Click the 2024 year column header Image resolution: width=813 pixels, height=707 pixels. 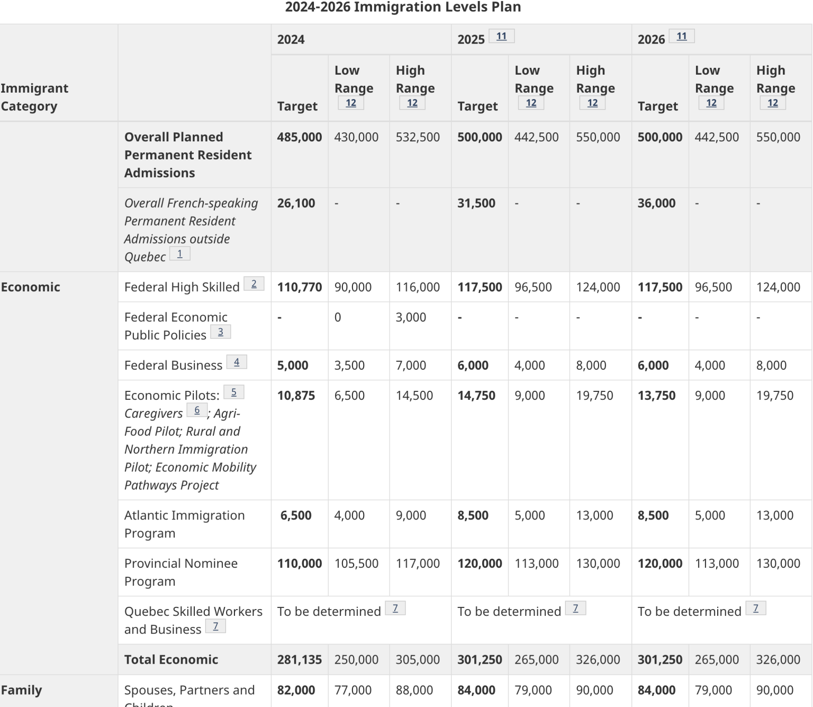click(291, 40)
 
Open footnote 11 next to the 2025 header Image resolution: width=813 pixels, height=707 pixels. click(501, 36)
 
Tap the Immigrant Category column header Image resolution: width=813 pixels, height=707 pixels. click(34, 97)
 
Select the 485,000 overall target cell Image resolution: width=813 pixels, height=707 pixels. click(299, 137)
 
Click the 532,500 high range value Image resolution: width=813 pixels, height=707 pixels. click(418, 137)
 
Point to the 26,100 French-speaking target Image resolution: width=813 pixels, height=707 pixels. click(296, 203)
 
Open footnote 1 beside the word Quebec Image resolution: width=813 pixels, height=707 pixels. click(180, 254)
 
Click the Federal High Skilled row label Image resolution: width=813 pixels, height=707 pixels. click(182, 287)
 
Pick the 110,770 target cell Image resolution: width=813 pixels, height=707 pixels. click(299, 287)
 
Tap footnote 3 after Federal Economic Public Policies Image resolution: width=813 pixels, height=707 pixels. click(221, 332)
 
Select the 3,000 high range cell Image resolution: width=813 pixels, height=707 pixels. click(411, 317)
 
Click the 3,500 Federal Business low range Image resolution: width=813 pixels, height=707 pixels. click(349, 365)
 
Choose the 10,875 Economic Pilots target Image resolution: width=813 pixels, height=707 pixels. click(296, 396)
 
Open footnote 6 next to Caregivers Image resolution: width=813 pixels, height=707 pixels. click(197, 410)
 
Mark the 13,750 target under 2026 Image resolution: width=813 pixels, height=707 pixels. click(656, 396)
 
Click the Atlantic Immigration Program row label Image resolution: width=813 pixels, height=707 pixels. click(184, 524)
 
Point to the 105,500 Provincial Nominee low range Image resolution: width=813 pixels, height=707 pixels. click(356, 563)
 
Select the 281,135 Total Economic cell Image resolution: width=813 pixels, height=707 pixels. click(299, 660)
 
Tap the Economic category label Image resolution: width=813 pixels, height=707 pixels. click(31, 287)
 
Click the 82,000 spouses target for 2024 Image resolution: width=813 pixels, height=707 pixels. click(296, 690)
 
